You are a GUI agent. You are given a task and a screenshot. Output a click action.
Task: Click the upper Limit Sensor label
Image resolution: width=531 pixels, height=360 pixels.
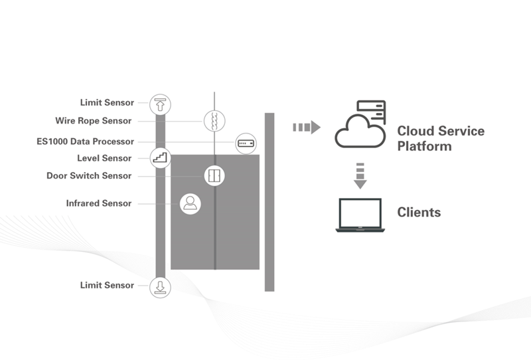(107, 103)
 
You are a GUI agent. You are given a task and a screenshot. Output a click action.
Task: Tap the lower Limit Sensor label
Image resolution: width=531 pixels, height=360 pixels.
(107, 285)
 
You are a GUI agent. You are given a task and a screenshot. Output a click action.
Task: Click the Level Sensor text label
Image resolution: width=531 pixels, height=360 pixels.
(104, 158)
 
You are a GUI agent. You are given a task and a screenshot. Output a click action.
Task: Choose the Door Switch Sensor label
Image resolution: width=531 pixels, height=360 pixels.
(89, 176)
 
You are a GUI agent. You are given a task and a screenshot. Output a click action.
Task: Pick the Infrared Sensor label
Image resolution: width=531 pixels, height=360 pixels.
(99, 203)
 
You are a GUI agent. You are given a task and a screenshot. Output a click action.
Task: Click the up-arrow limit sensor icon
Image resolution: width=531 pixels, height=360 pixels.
(160, 104)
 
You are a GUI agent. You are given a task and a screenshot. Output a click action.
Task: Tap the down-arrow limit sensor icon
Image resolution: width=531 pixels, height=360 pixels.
(160, 286)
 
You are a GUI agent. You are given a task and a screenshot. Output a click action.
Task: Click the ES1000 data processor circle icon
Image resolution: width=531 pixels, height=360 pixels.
(246, 142)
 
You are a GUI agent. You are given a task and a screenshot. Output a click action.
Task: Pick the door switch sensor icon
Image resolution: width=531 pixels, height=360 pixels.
(214, 175)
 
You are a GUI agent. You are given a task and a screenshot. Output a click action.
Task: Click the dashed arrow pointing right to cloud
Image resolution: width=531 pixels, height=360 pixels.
(307, 127)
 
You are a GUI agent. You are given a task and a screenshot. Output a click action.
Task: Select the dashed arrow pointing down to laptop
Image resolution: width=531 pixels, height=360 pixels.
(359, 175)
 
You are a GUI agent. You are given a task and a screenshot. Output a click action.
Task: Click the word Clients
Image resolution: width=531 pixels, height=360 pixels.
(419, 213)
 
